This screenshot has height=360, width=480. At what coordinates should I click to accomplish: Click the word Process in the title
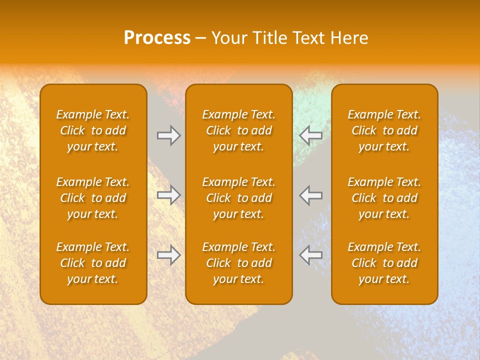tap(157, 38)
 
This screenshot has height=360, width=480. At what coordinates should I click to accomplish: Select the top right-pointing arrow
tap(169, 135)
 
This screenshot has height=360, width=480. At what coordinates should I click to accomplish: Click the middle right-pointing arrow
tap(169, 195)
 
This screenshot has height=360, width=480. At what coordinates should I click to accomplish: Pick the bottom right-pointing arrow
tap(169, 255)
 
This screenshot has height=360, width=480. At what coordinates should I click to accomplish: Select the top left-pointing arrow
tap(311, 135)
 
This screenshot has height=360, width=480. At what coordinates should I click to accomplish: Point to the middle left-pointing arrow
tap(311, 195)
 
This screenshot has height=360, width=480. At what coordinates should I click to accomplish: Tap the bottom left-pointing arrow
tap(311, 255)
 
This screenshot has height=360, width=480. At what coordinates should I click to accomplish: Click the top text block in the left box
tap(93, 130)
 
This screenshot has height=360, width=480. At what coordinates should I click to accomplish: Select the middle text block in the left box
tap(93, 198)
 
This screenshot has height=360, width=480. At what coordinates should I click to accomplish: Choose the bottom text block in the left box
tap(93, 263)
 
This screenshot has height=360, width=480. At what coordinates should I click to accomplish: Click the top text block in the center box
tap(239, 130)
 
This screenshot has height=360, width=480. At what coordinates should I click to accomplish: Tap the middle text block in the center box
tap(239, 198)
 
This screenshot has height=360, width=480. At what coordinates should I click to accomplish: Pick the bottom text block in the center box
tap(239, 263)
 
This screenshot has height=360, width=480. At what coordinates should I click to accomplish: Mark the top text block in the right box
tap(384, 130)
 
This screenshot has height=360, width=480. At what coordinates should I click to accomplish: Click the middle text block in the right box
tap(384, 198)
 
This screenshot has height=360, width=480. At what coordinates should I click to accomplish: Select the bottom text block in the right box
tap(384, 263)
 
